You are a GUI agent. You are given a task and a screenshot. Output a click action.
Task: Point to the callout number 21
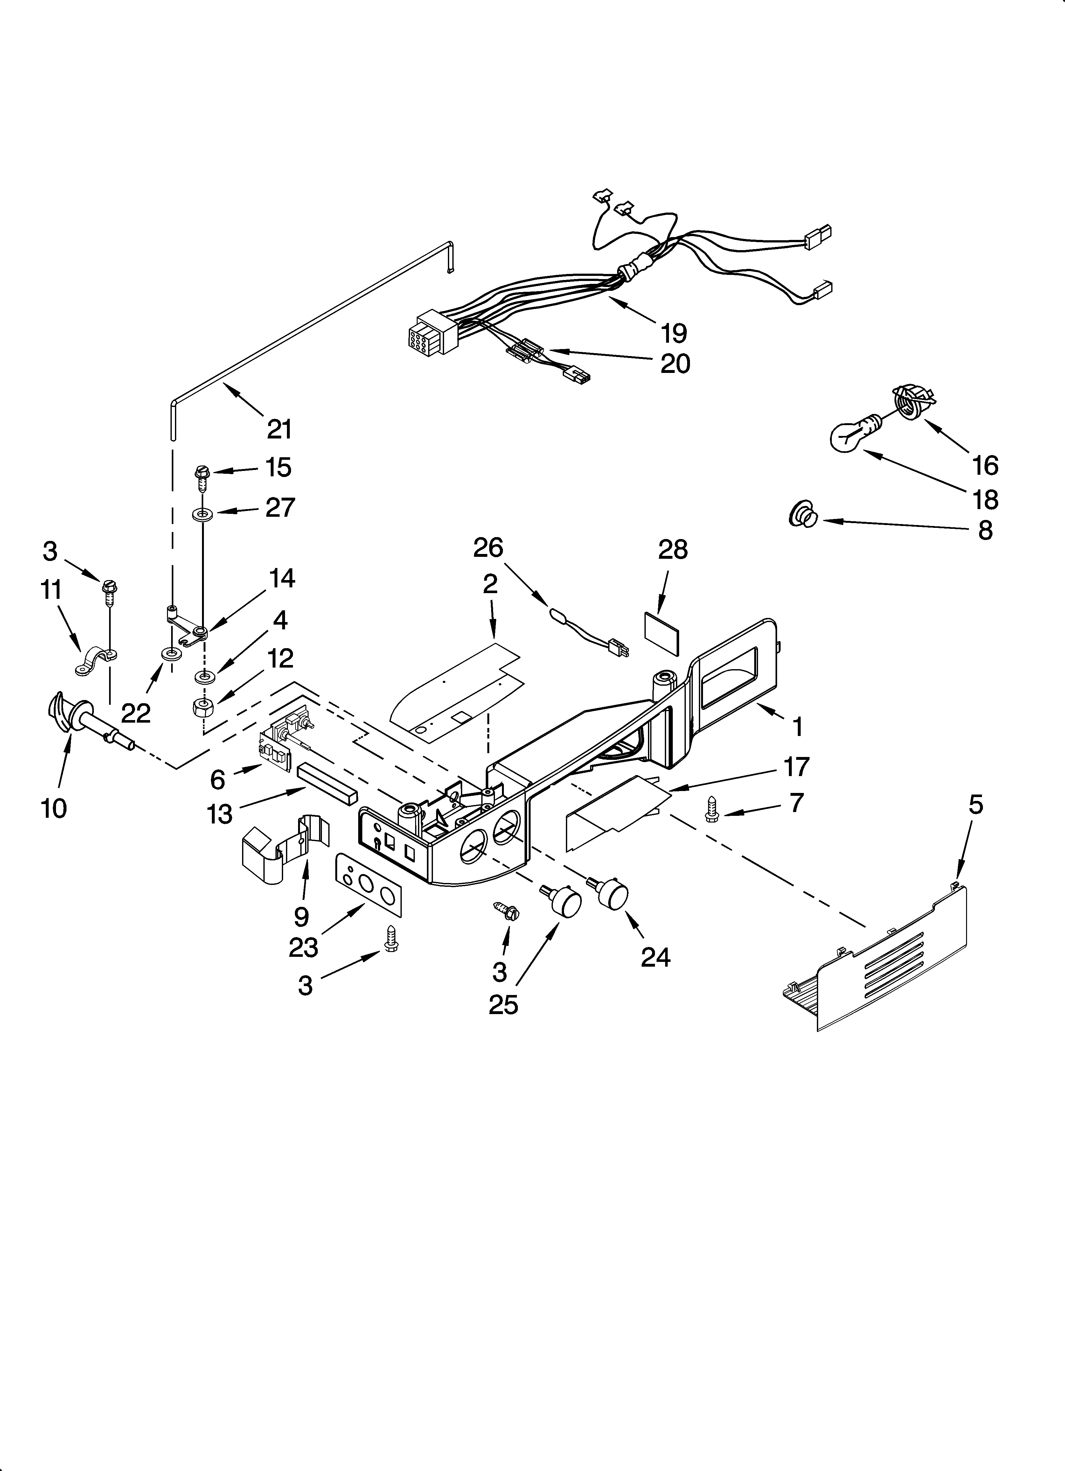tap(279, 429)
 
